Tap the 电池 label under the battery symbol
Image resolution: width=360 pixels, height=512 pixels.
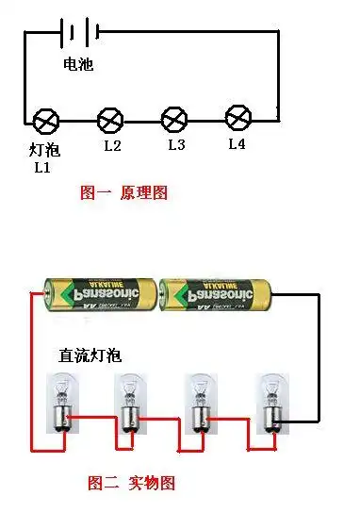[x=78, y=65]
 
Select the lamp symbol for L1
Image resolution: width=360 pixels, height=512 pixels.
[x=46, y=121]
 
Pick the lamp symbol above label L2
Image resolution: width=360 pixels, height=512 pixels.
[x=111, y=120]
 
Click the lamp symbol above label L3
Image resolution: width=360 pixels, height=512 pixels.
[x=174, y=120]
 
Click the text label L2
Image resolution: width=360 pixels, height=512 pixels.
[x=112, y=146]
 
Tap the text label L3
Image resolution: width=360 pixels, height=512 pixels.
[x=176, y=145]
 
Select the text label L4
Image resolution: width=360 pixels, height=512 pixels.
[x=237, y=144]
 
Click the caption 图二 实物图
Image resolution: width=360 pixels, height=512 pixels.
[x=131, y=484]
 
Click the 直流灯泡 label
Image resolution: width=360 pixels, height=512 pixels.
[x=90, y=355]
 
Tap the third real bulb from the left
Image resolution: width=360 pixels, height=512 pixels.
[x=197, y=403]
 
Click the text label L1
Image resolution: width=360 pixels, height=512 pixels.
[x=41, y=167]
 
